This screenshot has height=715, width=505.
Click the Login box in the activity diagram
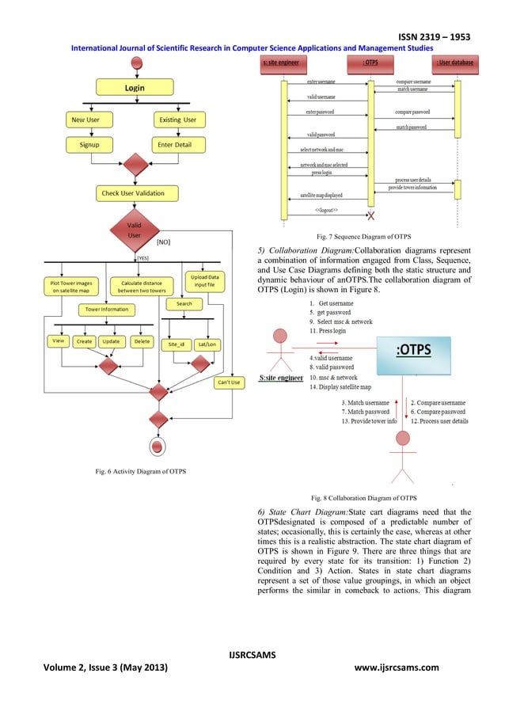[134, 88]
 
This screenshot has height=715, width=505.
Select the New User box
[89, 120]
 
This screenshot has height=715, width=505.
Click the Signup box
[89, 146]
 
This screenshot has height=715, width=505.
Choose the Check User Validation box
[133, 192]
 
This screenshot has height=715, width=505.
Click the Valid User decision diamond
[134, 230]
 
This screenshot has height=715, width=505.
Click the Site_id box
[177, 344]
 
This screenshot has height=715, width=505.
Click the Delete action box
[142, 341]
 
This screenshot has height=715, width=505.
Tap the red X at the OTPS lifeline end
[370, 216]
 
